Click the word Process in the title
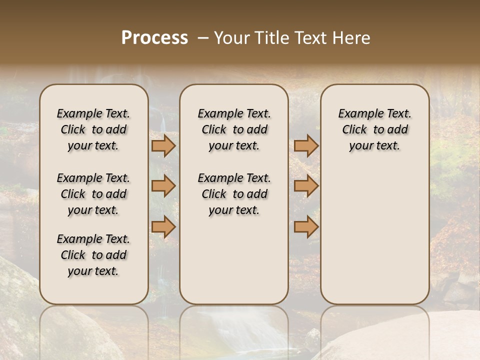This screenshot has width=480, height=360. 154,38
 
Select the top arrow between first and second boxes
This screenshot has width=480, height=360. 163,146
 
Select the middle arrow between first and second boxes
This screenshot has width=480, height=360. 163,186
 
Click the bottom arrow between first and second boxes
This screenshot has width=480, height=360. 163,227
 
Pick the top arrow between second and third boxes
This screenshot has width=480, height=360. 306,146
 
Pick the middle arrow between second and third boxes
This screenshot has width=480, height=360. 306,186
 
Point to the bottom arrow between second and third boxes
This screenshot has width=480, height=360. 306,227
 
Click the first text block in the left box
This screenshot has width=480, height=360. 93,129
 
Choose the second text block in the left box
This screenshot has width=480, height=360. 93,194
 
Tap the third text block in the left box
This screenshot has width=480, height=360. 93,255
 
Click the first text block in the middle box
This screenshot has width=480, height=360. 234,129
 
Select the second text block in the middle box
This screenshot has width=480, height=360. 234,194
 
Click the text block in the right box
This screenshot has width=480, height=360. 375,129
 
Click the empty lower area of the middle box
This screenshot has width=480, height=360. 234,260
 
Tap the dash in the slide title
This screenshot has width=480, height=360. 203,38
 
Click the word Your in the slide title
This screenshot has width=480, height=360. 230,38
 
